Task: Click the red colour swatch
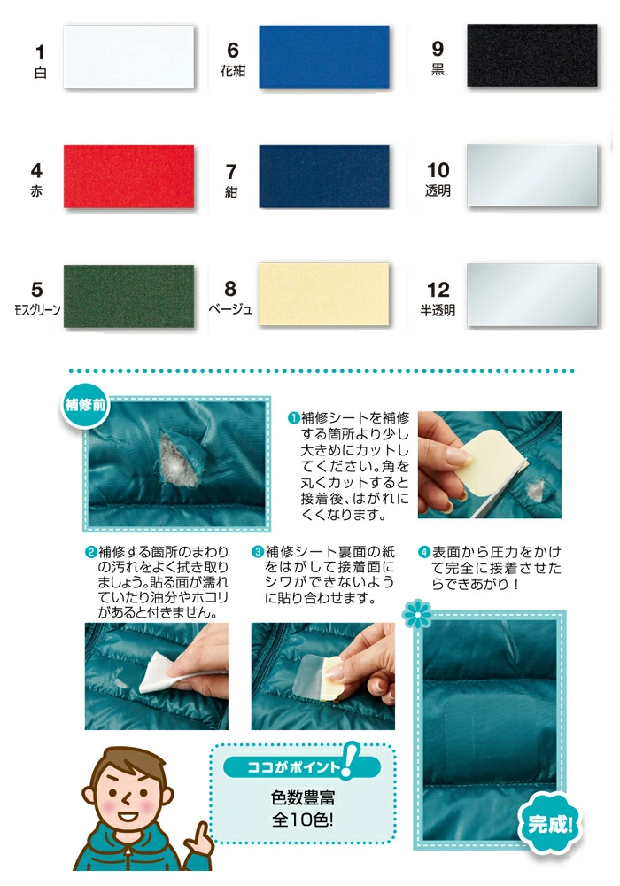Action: [128, 176]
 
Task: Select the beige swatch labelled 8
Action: [323, 294]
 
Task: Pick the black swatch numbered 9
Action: [532, 55]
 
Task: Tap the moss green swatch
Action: [128, 296]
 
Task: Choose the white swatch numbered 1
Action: [128, 57]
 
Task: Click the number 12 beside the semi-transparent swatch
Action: [438, 290]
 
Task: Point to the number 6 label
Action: [233, 51]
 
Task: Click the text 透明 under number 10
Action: [438, 191]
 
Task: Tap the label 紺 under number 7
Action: [231, 192]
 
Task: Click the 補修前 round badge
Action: [85, 405]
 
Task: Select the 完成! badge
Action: [549, 824]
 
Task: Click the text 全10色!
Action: [303, 820]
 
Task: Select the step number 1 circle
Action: [294, 418]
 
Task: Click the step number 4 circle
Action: [424, 552]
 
